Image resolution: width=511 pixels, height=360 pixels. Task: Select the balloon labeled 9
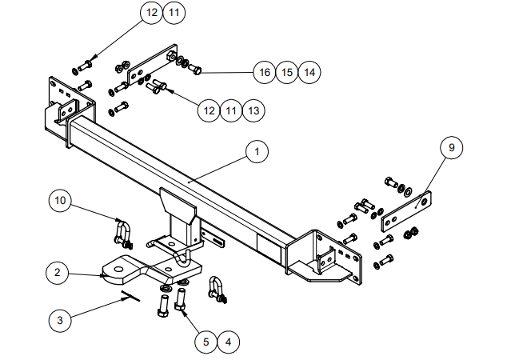point(451,148)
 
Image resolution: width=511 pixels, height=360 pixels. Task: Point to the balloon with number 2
point(56,273)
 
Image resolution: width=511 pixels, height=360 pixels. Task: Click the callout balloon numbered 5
point(206,342)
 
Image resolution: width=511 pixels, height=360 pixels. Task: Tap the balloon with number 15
point(287,72)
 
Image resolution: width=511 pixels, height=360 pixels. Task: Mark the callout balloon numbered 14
point(309,72)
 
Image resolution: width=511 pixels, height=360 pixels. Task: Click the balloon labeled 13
point(254,110)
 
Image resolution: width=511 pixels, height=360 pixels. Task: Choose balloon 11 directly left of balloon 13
point(231,110)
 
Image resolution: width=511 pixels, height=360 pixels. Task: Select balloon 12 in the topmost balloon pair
point(151,13)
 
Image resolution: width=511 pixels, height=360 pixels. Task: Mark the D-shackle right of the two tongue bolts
point(215,289)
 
